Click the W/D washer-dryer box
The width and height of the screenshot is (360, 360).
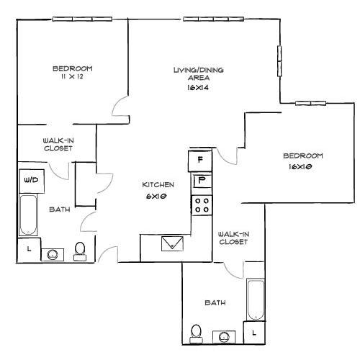coord(32,179)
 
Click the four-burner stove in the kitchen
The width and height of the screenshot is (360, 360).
coord(201,204)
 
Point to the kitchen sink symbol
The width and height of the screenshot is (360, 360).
coord(173,243)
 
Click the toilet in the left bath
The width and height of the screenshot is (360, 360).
coord(80,250)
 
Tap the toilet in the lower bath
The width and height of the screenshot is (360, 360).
coord(196,332)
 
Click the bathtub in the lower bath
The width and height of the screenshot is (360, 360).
coord(255,300)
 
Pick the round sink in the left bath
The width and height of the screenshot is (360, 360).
coord(53,254)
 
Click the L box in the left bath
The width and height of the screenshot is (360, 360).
coord(28,250)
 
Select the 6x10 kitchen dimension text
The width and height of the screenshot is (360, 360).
coord(158,196)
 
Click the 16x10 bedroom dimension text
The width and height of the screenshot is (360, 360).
coord(302,166)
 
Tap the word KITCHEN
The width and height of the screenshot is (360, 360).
coord(158,185)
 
